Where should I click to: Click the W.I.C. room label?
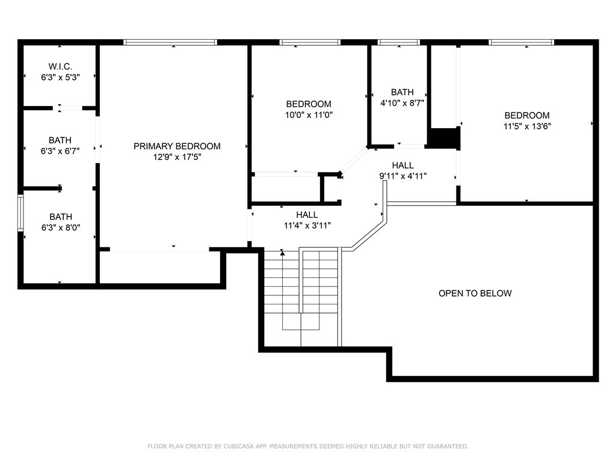click(x=60, y=66)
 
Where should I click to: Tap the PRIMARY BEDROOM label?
click(x=177, y=146)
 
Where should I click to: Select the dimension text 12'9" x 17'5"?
click(x=177, y=157)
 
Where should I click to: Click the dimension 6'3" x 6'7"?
click(x=60, y=150)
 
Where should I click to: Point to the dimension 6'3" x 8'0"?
click(x=60, y=227)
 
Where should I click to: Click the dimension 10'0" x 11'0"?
click(x=309, y=114)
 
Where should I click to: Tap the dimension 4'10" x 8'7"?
click(x=402, y=103)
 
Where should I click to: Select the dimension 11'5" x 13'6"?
click(x=527, y=126)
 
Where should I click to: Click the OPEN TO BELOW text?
click(x=475, y=294)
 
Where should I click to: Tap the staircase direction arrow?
click(x=282, y=254)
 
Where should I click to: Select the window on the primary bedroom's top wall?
click(x=170, y=42)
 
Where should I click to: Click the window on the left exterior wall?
click(x=20, y=213)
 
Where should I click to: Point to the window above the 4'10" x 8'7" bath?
click(x=398, y=42)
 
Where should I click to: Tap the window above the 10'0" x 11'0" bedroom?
click(x=310, y=42)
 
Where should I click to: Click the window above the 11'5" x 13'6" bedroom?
click(x=521, y=42)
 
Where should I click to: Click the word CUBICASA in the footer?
click(x=248, y=446)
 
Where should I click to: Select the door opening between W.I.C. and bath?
click(x=70, y=108)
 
